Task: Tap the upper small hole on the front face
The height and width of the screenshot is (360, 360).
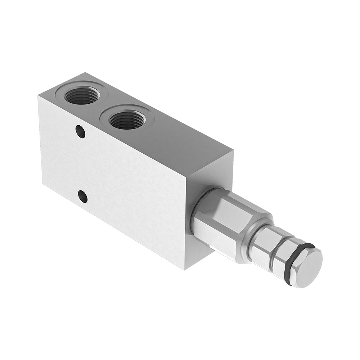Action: click(x=81, y=132)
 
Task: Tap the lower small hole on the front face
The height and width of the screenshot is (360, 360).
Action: click(x=82, y=196)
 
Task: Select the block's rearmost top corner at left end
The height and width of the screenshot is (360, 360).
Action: click(x=84, y=73)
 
